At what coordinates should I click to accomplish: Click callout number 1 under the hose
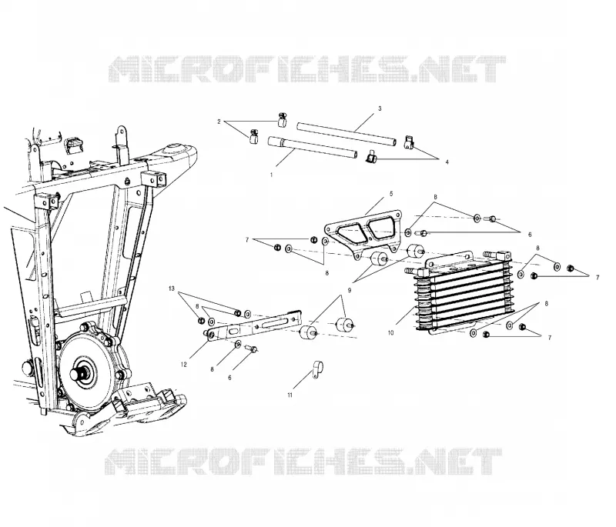[271, 175]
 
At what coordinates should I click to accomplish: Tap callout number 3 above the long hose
[380, 108]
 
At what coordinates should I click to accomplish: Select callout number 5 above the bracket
[391, 194]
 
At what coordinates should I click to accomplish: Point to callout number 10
[390, 333]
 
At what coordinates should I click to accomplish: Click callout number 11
[290, 395]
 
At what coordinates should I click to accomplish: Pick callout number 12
[183, 365]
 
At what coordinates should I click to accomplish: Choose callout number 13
[171, 289]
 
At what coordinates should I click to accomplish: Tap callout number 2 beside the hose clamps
[219, 122]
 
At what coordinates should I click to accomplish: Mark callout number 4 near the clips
[447, 162]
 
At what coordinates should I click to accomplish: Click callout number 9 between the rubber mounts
[350, 290]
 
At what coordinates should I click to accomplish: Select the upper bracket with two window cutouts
[363, 235]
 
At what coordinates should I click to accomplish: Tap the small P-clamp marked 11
[317, 369]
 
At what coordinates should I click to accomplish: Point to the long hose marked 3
[346, 134]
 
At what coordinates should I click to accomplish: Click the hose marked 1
[313, 148]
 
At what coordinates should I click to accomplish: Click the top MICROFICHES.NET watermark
[306, 69]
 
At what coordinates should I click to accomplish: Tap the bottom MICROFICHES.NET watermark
[303, 462]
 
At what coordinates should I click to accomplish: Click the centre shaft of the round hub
[78, 373]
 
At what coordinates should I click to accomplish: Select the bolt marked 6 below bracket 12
[250, 348]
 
